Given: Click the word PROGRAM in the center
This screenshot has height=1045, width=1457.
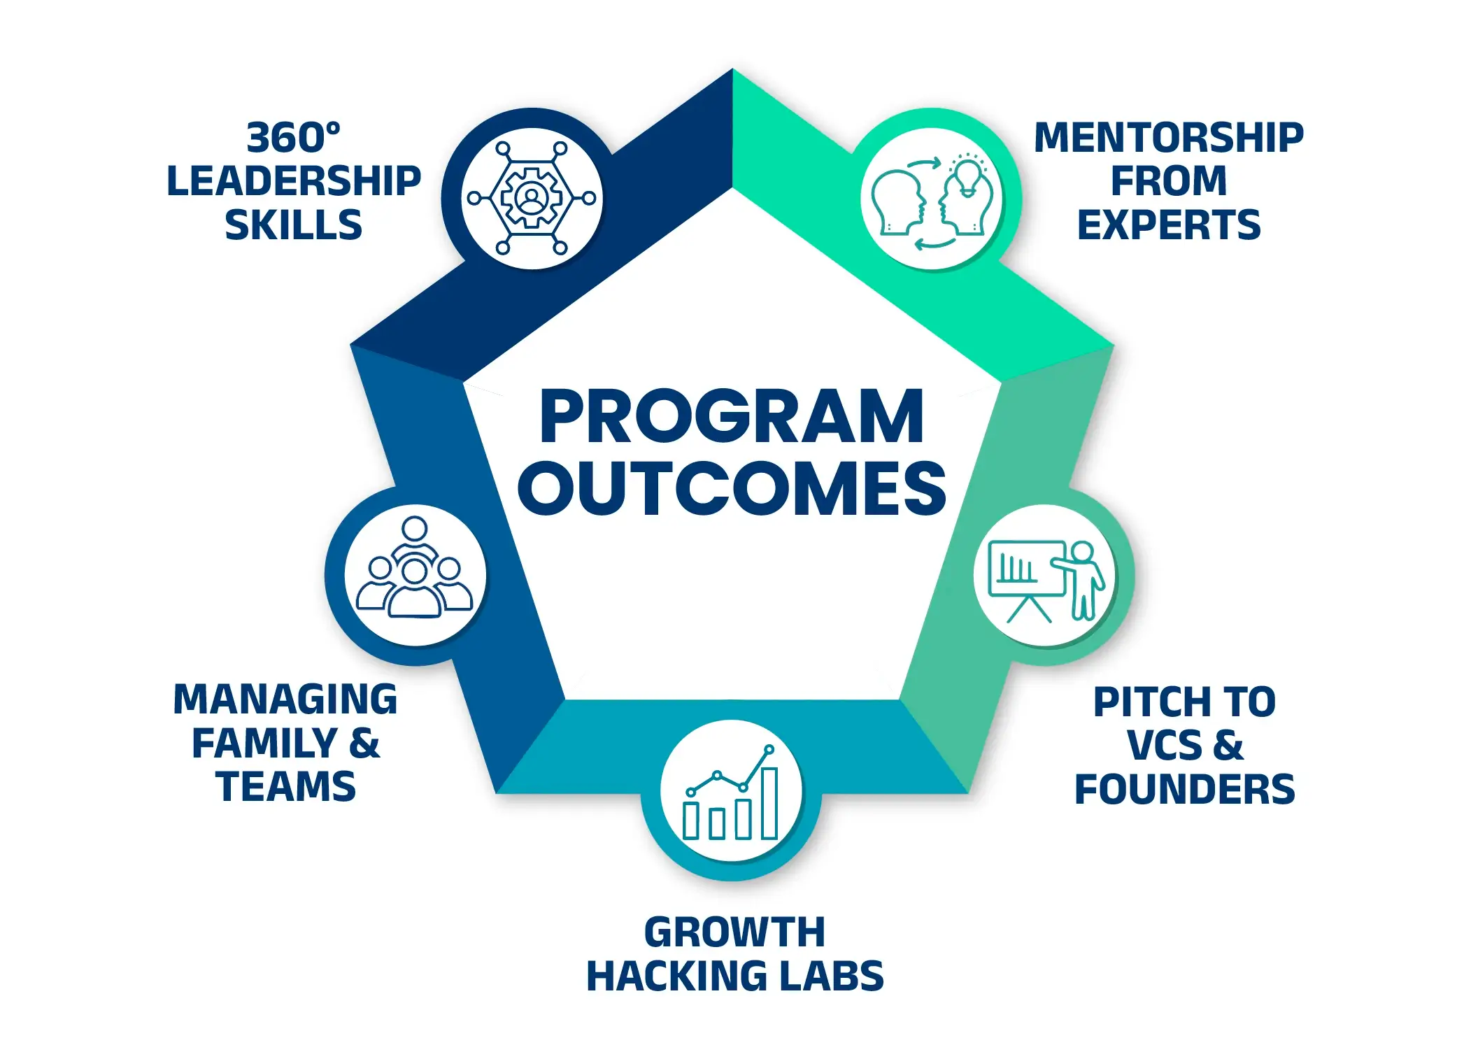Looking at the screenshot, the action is coord(732,417).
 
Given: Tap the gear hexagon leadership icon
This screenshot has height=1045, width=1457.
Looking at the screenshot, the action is coord(532,198).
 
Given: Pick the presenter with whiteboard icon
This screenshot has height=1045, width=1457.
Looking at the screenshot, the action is coord(1046,580).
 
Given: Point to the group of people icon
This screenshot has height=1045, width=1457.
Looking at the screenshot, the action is coord(415,567).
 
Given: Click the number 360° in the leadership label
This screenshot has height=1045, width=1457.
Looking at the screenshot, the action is coord(294,137).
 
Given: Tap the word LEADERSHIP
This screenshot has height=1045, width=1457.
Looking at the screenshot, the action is coord(294,181).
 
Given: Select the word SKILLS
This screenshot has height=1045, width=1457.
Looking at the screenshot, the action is coord(294,225).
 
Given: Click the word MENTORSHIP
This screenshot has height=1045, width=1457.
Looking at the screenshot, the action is coord(1169,137).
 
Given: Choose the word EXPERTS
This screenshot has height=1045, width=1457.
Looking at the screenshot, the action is coord(1169,225).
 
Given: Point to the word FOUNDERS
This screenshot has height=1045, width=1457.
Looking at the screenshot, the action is coord(1185,790).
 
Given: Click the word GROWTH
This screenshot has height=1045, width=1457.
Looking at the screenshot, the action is coord(734,932).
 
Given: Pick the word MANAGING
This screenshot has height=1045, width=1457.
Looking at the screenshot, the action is coord(285,699).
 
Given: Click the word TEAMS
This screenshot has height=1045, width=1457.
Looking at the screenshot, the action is coord(285,787).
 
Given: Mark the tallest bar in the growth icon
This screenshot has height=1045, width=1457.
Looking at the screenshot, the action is coord(769,803).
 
